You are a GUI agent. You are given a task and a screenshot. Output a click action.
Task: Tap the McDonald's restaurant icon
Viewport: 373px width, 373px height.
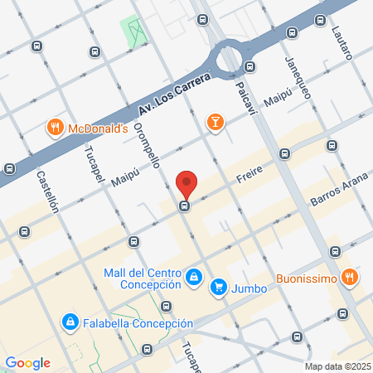pos(56,128)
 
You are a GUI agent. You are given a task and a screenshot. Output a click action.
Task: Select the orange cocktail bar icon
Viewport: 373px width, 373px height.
pos(216,122)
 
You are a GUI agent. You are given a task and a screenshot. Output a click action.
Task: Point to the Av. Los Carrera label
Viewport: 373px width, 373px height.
pos(169,97)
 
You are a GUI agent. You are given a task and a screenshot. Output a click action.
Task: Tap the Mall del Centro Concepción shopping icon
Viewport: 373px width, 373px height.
pos(193,276)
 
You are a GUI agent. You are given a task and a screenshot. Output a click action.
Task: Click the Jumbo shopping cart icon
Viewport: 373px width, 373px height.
pos(219,288)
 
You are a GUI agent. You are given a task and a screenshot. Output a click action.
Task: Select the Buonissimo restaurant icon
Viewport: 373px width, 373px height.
pos(351,278)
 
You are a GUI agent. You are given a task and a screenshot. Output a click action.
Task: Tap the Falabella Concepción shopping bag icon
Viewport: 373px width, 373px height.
pos(71,322)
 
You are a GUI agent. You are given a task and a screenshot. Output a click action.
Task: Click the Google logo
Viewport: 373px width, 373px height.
pos(27,363)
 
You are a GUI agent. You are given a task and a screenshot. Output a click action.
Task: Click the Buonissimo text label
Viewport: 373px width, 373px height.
pos(306,279)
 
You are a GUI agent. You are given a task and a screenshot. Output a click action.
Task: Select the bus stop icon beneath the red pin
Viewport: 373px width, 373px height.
pos(186,206)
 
